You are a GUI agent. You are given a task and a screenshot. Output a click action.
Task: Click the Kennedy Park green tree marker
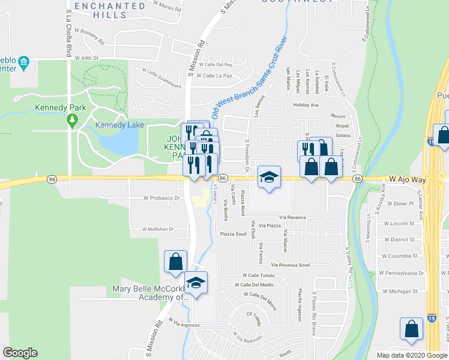(x=73, y=120)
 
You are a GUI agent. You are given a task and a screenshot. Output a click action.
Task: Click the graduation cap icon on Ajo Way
(x=270, y=178)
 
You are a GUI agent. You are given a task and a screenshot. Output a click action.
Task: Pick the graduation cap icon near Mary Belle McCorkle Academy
(x=196, y=282)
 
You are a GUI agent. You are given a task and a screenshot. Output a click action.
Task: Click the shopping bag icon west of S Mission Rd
(x=175, y=263)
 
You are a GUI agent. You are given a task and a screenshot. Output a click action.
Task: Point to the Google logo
(x=20, y=353)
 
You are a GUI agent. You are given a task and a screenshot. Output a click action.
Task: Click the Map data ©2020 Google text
(x=412, y=355)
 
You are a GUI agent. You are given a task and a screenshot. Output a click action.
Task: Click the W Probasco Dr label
(x=162, y=197)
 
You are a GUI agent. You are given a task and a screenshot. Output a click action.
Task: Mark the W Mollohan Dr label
(x=158, y=229)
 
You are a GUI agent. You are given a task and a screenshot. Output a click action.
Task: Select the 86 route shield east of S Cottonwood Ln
(x=357, y=179)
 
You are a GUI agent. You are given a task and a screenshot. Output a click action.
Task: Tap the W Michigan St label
(x=398, y=291)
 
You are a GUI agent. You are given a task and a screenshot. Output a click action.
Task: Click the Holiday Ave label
(x=306, y=104)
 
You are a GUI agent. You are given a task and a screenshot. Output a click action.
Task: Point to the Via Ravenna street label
(x=292, y=217)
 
